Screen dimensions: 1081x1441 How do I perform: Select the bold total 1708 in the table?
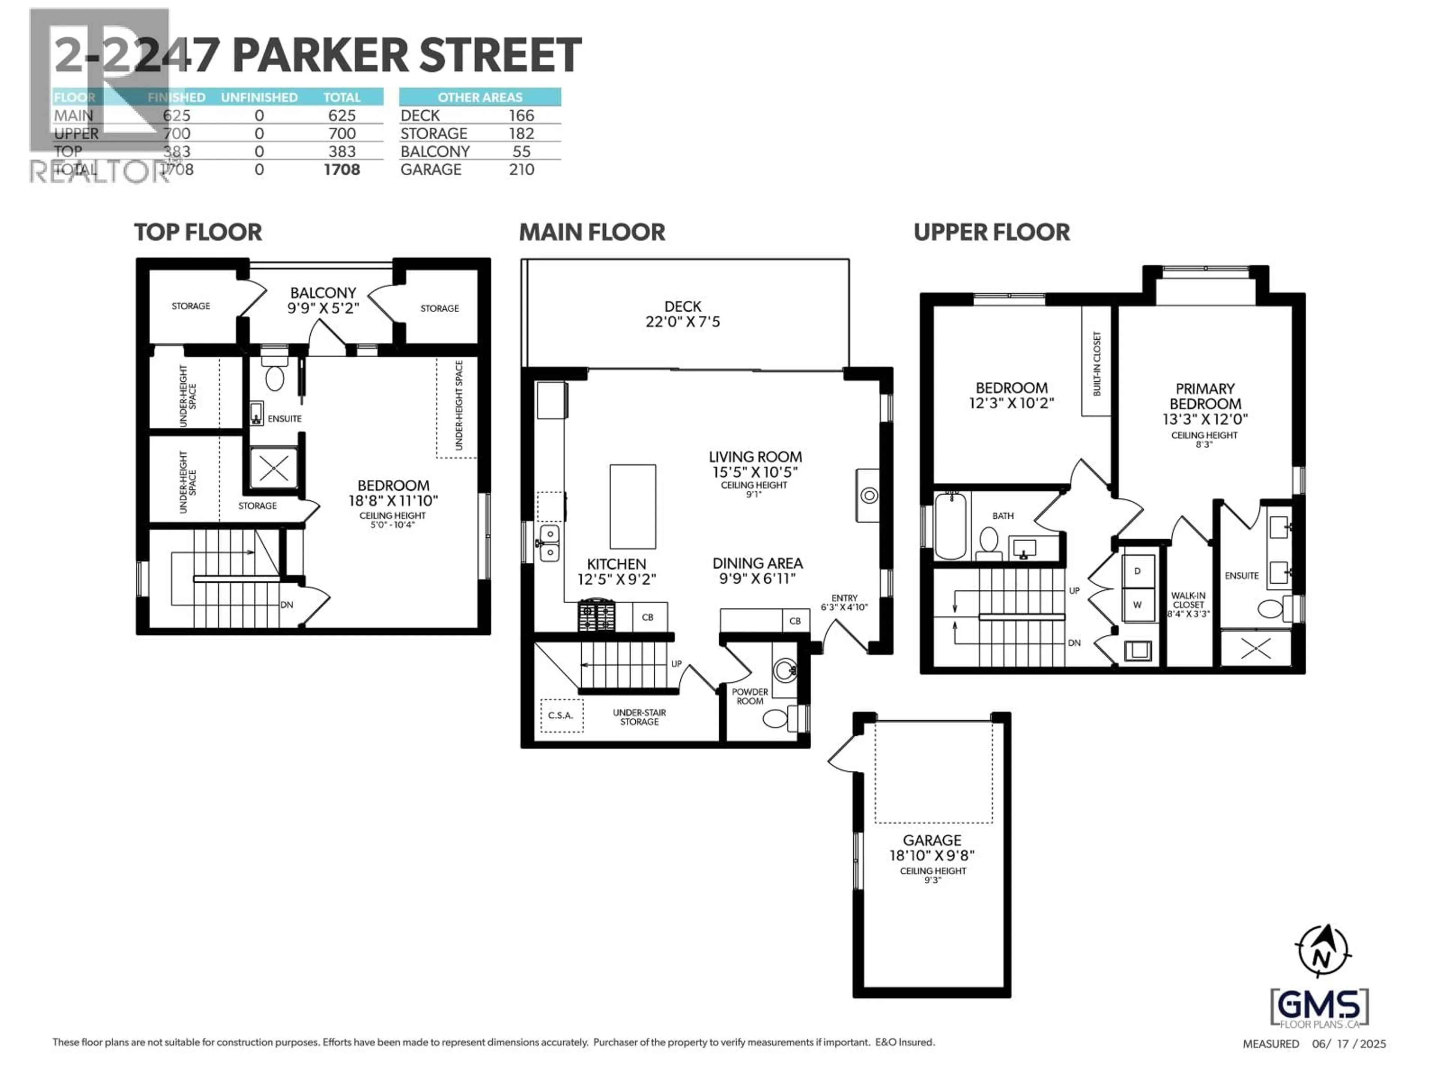click(341, 169)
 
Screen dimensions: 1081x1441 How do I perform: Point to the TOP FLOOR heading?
click(198, 232)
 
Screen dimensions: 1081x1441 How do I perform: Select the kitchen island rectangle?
click(633, 506)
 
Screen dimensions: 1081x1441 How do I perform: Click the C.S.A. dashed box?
click(561, 715)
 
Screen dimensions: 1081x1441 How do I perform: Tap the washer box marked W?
click(1137, 605)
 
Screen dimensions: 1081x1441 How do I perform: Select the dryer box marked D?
click(1137, 571)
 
